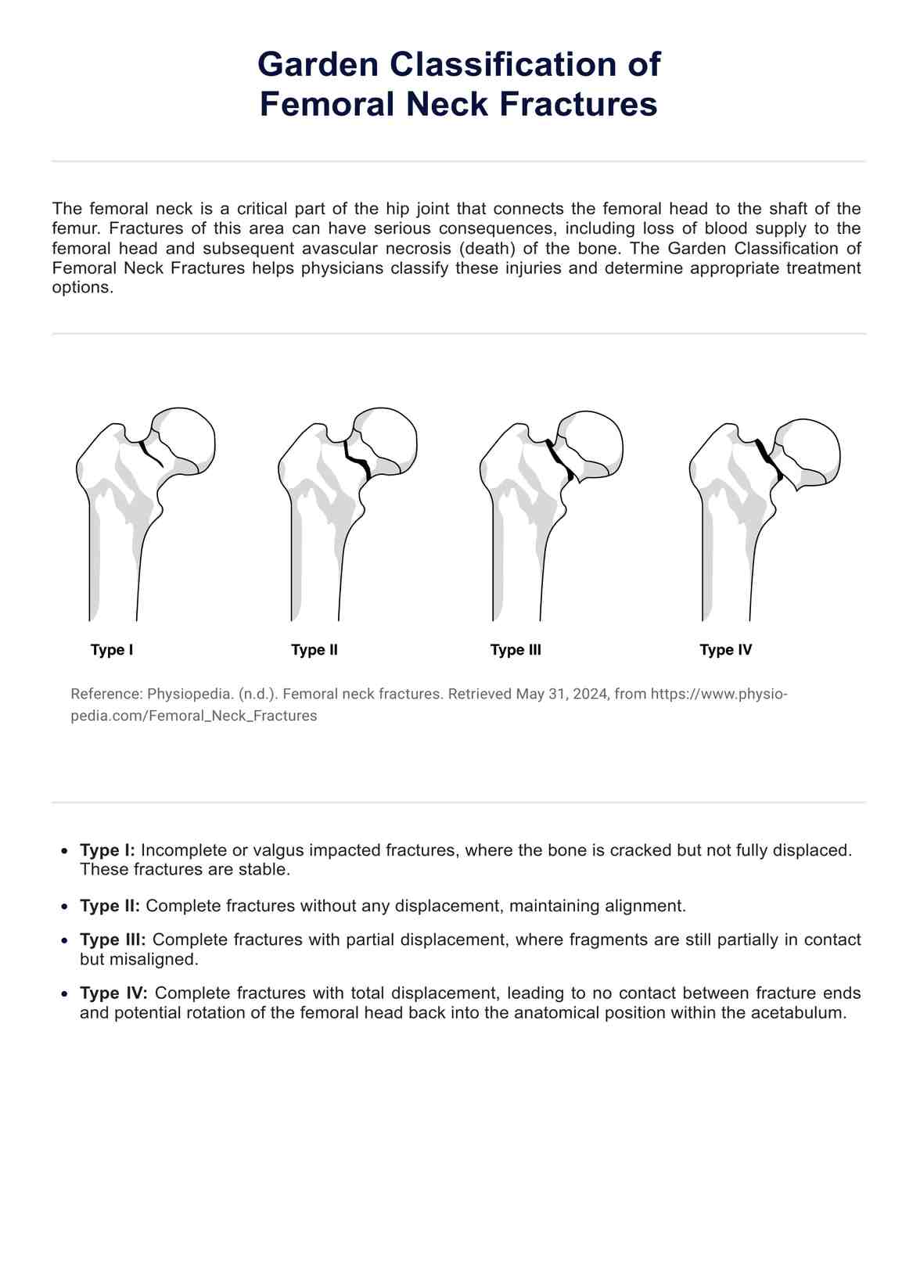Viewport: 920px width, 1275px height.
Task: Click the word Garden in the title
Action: (x=317, y=64)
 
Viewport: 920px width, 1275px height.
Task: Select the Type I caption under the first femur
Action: (x=112, y=650)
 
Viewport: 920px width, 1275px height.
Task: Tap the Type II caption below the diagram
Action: (x=314, y=650)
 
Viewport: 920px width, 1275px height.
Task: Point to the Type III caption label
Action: (x=516, y=650)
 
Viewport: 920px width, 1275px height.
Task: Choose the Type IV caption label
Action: (x=725, y=650)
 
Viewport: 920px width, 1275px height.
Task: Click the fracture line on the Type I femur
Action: (x=150, y=454)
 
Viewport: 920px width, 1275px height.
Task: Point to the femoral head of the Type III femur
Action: (x=595, y=442)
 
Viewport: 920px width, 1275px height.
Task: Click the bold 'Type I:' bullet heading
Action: (x=108, y=850)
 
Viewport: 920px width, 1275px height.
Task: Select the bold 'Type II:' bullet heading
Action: (x=110, y=906)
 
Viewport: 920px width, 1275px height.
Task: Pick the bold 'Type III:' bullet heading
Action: (x=113, y=939)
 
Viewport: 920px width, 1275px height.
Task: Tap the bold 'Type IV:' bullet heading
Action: (x=113, y=993)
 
